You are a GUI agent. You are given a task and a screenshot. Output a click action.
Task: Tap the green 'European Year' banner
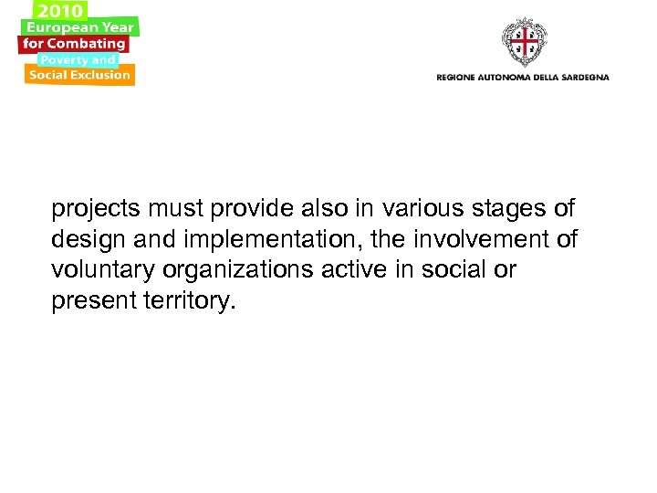point(80,27)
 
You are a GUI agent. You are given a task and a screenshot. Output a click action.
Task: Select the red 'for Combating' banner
point(74,44)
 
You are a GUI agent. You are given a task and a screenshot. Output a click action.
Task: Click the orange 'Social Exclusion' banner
point(79,76)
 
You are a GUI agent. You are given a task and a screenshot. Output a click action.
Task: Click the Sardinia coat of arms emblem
point(524,41)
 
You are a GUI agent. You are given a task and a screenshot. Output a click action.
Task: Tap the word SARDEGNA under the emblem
point(580,78)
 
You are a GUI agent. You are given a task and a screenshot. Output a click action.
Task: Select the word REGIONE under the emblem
point(456,78)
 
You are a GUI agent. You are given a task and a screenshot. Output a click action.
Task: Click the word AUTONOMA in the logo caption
point(506,78)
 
